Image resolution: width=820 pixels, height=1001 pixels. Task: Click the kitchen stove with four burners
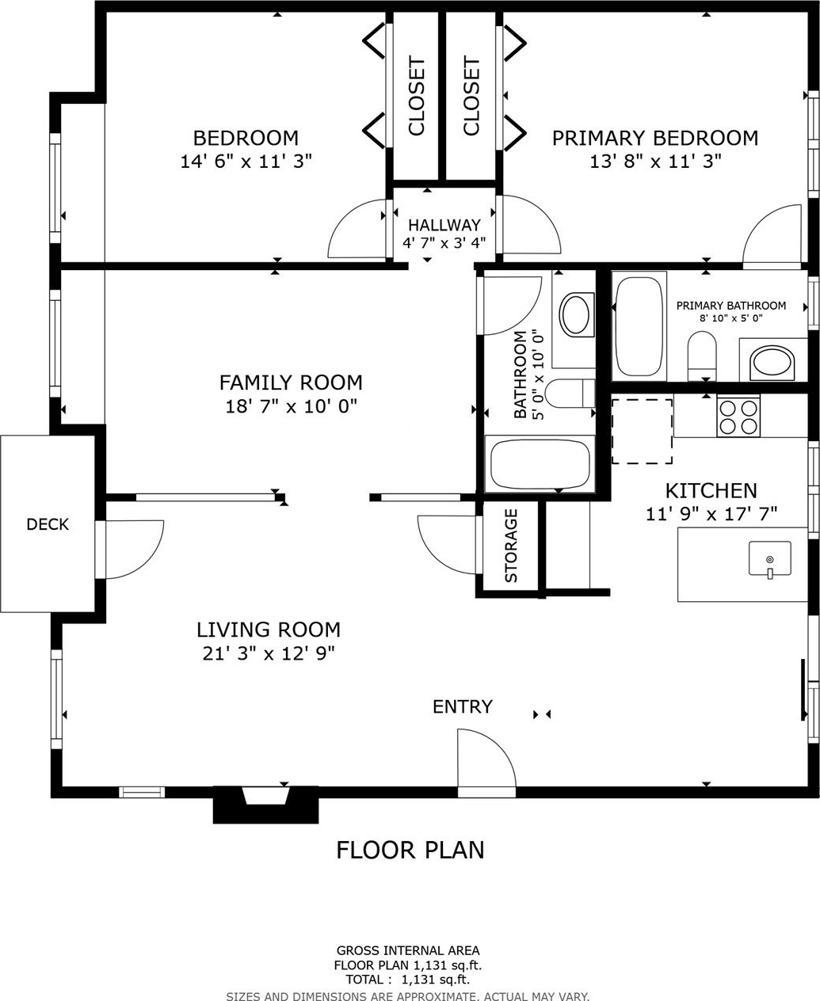click(x=738, y=417)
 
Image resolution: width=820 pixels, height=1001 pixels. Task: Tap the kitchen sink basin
click(x=769, y=558)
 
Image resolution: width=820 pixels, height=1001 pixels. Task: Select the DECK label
click(x=48, y=524)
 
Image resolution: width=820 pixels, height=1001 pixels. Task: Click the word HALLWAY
click(x=444, y=225)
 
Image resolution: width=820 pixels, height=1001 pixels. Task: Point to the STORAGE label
click(x=511, y=546)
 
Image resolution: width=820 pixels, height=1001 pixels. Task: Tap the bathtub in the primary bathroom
click(x=639, y=326)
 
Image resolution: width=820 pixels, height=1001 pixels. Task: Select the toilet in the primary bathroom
click(x=702, y=356)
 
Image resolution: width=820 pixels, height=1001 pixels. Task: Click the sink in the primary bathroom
click(x=772, y=363)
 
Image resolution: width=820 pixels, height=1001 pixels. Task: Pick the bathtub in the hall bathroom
click(x=540, y=464)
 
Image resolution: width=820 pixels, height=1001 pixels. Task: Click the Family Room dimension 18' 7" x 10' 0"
click(x=291, y=407)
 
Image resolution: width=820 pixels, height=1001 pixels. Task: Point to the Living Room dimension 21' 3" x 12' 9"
click(x=269, y=654)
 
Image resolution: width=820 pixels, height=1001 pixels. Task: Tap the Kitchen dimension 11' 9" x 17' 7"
click(x=711, y=514)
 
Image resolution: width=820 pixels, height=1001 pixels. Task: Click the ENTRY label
click(x=463, y=706)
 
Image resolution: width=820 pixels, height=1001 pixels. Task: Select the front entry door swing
click(x=486, y=759)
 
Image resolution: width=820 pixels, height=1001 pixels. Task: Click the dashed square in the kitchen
click(x=642, y=432)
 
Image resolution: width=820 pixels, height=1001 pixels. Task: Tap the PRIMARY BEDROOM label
click(x=655, y=138)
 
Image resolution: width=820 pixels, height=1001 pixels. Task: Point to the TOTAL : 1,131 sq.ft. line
click(x=408, y=979)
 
